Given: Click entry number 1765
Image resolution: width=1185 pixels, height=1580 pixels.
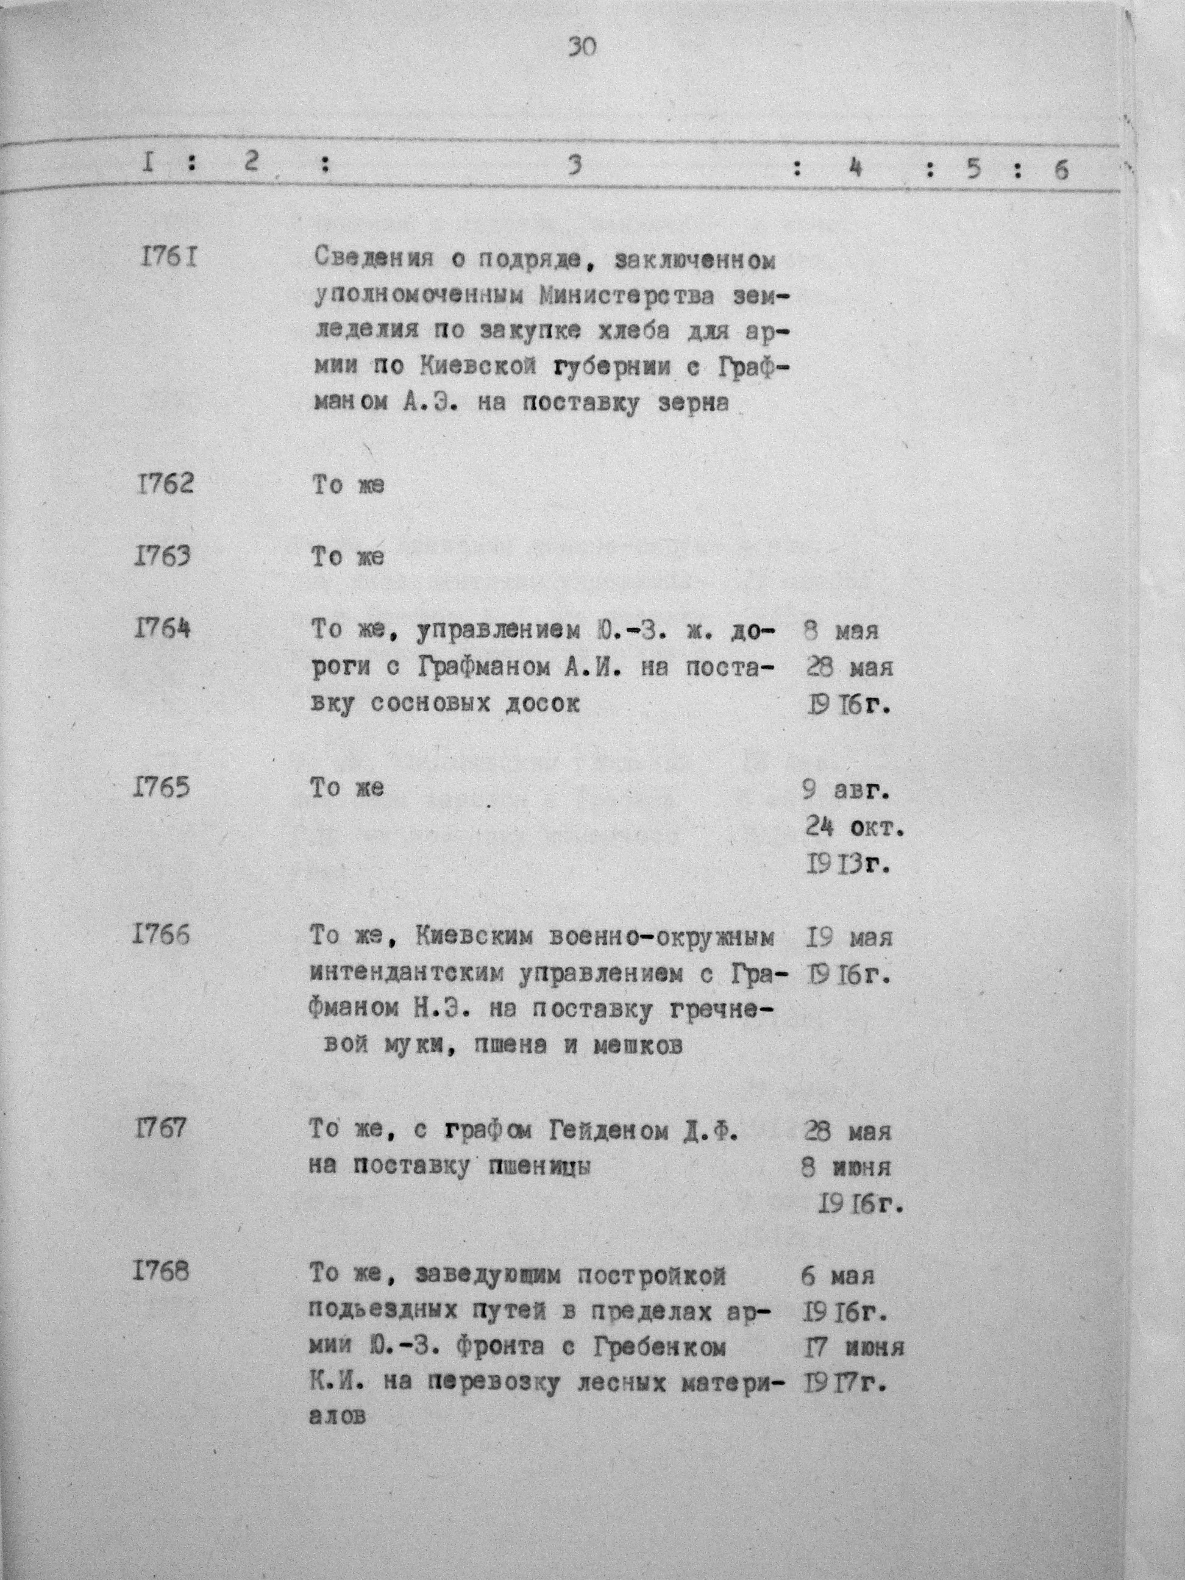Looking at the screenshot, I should click(x=162, y=788).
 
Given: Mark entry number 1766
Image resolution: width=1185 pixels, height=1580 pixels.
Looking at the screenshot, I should click(x=162, y=936).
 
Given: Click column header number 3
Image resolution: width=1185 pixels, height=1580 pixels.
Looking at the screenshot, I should click(x=574, y=166).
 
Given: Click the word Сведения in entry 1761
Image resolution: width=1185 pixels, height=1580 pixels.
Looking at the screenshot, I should click(x=374, y=258).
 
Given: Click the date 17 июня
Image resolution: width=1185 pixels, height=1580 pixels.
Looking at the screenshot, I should click(x=854, y=1348).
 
